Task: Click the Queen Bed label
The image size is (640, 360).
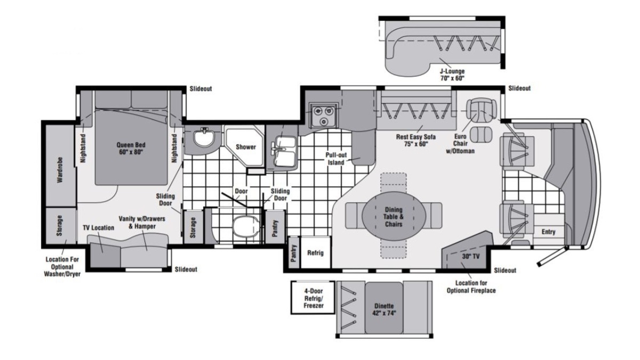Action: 131,148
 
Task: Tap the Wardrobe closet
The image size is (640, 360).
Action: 60,166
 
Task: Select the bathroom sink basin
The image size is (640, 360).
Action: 203,138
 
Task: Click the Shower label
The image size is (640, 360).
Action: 246,147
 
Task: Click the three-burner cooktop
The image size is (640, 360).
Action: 323,115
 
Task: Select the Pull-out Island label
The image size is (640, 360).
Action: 336,158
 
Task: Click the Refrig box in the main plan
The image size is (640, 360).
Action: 315,253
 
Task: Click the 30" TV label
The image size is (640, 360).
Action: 470,257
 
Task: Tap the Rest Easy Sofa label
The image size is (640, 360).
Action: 415,140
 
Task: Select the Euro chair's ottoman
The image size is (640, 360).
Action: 481,134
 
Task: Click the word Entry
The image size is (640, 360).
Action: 548,232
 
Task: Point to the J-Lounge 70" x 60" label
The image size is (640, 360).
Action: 452,75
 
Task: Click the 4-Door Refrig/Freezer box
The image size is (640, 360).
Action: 313,298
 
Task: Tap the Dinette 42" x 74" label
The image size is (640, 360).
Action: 384,309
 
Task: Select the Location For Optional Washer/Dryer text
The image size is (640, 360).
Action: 62,267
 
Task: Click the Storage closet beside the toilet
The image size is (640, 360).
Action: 193,227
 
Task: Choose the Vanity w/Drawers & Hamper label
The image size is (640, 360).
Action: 142,222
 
